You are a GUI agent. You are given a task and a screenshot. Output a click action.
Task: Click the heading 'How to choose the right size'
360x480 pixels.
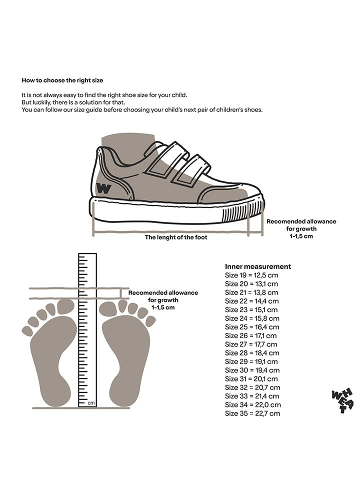[x=62, y=80]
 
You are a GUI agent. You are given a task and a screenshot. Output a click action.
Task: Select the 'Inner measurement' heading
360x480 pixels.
[x=257, y=266]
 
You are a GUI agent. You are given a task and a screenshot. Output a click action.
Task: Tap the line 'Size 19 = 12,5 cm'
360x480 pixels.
[x=251, y=275]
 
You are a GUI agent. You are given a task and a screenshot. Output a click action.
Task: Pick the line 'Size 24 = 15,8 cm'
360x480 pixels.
[x=252, y=318]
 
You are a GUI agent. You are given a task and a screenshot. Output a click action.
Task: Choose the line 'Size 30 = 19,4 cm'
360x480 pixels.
[x=252, y=370]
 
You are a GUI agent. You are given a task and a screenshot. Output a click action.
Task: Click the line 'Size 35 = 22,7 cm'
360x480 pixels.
[x=252, y=413]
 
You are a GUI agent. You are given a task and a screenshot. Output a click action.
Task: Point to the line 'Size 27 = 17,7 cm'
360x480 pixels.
[x=251, y=344]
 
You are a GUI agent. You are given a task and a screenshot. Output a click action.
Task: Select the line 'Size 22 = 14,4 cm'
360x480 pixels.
[x=251, y=301]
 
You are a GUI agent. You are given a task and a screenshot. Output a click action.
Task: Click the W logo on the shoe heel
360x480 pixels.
[x=103, y=189]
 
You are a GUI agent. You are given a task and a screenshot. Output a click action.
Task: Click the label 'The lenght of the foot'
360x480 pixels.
[x=176, y=237]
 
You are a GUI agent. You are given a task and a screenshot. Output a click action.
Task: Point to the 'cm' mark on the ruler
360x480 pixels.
[x=91, y=402]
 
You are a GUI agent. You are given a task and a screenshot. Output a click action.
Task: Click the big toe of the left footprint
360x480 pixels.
[x=65, y=306]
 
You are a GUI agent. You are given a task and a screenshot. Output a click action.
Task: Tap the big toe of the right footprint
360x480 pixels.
[x=108, y=308]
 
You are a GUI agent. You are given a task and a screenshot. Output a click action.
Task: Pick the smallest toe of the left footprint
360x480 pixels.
[x=27, y=331]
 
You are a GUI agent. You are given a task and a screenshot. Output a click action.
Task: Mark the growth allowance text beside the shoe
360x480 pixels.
[x=301, y=228]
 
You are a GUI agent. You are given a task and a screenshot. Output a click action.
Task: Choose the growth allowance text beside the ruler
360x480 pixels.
[x=163, y=300]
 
